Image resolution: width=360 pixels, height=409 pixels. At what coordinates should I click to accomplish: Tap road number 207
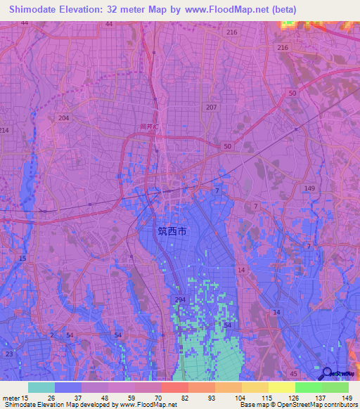coord(212,107)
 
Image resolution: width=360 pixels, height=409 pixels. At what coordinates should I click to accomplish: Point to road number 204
coord(64,118)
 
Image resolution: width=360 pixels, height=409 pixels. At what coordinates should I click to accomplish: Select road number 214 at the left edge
coord(4,131)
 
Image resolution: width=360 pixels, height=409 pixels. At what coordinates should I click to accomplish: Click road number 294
coord(180,300)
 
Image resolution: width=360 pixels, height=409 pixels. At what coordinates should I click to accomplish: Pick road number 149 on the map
coord(310,188)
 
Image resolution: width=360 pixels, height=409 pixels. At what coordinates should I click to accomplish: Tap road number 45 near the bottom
coord(293,373)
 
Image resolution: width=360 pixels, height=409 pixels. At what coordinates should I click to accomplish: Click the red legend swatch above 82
coord(174,387)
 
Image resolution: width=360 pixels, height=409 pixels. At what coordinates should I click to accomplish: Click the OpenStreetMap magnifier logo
coord(327,372)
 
